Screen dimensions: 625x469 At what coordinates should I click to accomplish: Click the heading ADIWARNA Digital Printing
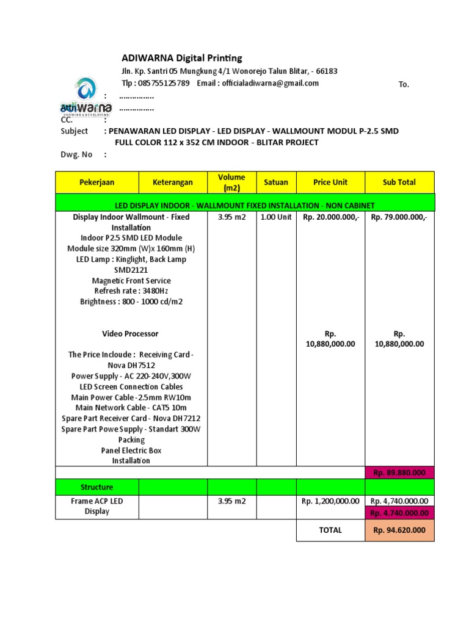pos(182,58)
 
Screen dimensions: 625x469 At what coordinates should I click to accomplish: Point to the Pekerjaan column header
pos(96,182)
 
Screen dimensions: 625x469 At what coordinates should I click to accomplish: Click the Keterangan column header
pos(173,182)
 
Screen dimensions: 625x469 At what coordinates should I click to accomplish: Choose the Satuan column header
pos(276,182)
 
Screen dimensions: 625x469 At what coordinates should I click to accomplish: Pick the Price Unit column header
pos(330,182)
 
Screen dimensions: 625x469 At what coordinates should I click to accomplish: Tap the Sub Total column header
pos(399,182)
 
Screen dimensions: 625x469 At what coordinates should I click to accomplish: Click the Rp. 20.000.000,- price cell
pos(330,217)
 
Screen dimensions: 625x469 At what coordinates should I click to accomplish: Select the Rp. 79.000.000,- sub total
pos(399,217)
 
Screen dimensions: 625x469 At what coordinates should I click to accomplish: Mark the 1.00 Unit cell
pos(276,217)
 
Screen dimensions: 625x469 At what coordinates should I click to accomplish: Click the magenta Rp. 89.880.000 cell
pos(399,472)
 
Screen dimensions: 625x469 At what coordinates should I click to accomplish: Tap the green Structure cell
pos(96,487)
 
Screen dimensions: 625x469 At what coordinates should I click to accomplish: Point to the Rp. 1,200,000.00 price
pos(330,501)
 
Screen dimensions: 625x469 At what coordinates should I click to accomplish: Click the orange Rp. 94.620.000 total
pos(399,530)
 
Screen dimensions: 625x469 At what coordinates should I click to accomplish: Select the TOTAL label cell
pos(330,530)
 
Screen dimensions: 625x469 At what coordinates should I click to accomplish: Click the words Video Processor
pos(130,334)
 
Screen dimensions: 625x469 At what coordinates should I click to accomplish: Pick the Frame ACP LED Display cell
pos(96,506)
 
